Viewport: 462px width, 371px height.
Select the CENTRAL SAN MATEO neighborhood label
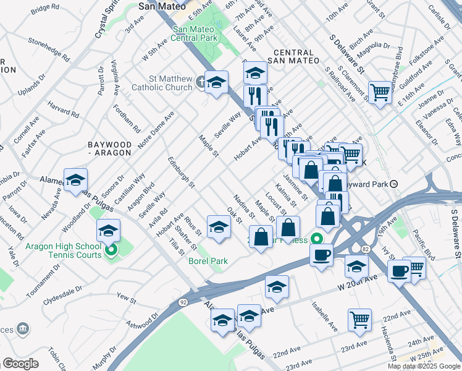pos(293,56)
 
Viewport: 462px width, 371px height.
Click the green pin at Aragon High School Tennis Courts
pos(111,250)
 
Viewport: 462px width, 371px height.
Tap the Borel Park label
pos(208,261)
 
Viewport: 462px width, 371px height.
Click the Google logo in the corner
pos(20,363)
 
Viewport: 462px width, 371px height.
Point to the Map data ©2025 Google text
pos(423,366)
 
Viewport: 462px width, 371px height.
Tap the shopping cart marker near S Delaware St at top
pos(380,93)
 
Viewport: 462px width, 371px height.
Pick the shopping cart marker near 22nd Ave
pos(359,320)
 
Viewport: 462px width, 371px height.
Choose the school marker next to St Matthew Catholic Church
pos(216,82)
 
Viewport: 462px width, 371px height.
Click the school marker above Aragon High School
pos(108,231)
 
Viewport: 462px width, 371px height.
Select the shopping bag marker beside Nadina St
pos(261,237)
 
